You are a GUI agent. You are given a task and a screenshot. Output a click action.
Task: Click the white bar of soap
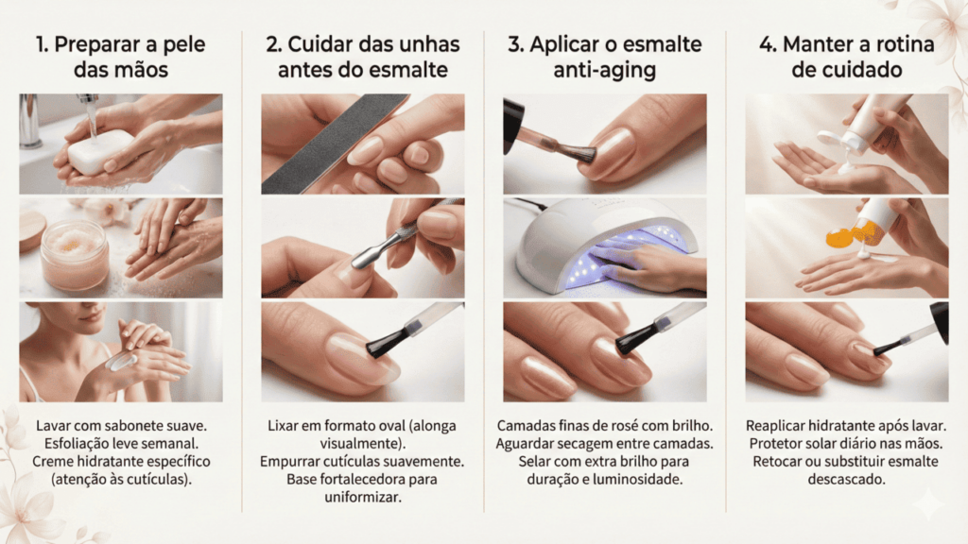pyautogui.click(x=98, y=151)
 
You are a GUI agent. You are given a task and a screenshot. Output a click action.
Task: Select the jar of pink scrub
pyautogui.click(x=74, y=255)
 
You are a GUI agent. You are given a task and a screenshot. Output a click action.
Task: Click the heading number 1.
pyautogui.click(x=42, y=44)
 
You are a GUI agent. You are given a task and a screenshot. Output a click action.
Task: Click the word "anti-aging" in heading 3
pyautogui.click(x=604, y=70)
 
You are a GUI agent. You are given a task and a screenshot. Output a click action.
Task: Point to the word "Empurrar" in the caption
pyautogui.click(x=287, y=461)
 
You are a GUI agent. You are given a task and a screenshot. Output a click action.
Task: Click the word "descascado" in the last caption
pyautogui.click(x=846, y=479)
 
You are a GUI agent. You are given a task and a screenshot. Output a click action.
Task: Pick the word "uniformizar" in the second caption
pyautogui.click(x=363, y=497)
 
